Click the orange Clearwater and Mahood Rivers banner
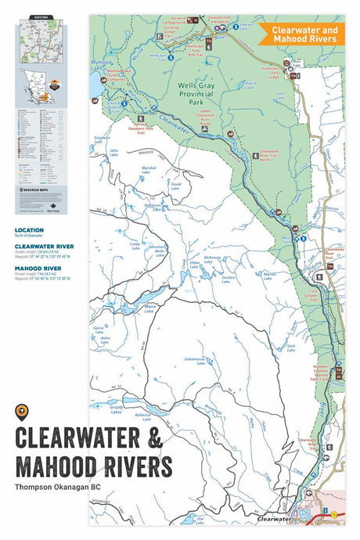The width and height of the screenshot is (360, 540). point(298,34)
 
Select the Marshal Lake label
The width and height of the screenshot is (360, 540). point(149,169)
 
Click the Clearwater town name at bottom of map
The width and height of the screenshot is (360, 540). point(274,518)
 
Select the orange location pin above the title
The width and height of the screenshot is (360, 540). point(21,412)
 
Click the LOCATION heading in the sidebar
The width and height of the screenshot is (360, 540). point(29,231)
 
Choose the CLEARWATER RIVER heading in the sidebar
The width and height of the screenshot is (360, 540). point(44,246)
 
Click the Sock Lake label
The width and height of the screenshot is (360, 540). point(290,346)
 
